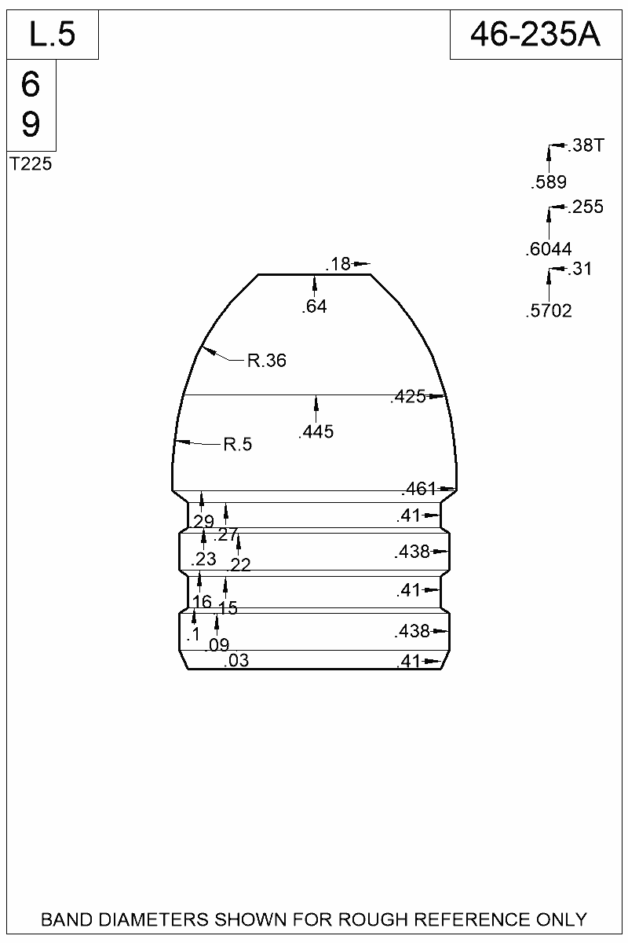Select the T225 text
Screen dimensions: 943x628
pyautogui.click(x=31, y=165)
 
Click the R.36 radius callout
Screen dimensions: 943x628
pyautogui.click(x=267, y=361)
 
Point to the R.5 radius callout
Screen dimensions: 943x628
pyautogui.click(x=238, y=445)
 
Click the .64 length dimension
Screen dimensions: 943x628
pyautogui.click(x=314, y=307)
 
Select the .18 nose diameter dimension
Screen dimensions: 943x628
pyautogui.click(x=339, y=265)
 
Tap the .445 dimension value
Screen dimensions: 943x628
pyautogui.click(x=316, y=431)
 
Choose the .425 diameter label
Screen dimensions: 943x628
pyautogui.click(x=407, y=398)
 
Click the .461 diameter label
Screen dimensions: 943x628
pyautogui.click(x=418, y=490)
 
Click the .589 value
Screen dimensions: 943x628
pyautogui.click(x=549, y=184)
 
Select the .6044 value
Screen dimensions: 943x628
pyautogui.click(x=549, y=251)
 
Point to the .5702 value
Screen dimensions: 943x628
pyautogui.click(x=549, y=311)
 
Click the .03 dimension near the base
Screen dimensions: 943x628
pyautogui.click(x=236, y=661)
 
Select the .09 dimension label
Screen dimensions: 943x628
pyautogui.click(x=217, y=646)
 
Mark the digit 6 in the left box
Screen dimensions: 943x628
pyautogui.click(x=31, y=85)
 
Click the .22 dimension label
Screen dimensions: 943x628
pyautogui.click(x=239, y=565)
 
